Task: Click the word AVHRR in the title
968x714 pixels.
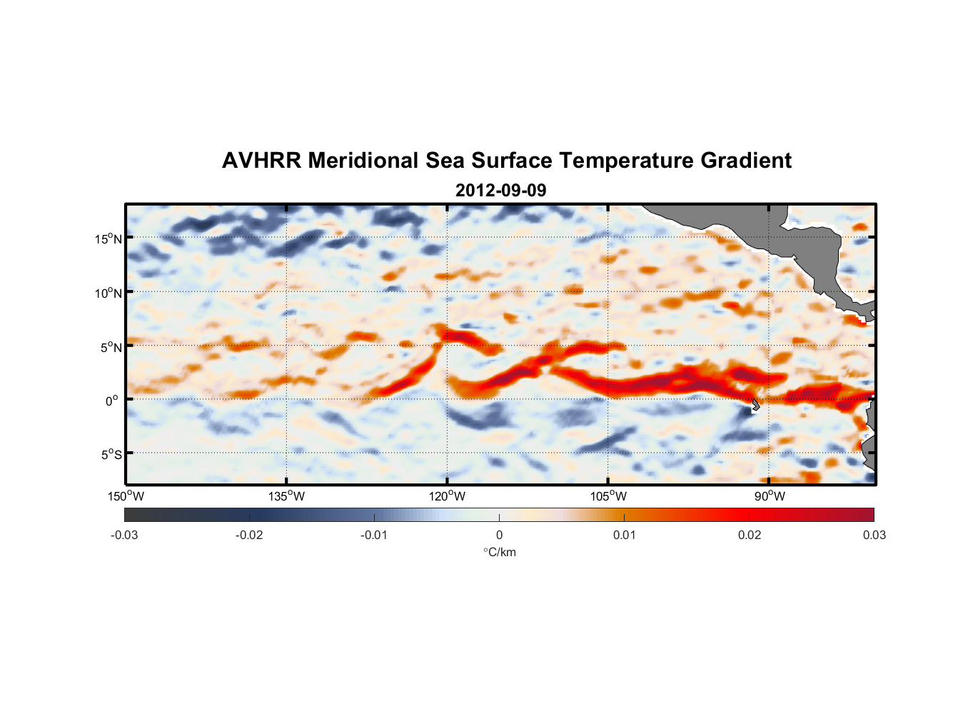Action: click(x=261, y=161)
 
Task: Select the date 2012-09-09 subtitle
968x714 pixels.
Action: click(x=500, y=191)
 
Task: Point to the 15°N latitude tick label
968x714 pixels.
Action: click(x=109, y=238)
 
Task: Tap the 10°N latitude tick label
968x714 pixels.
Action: click(x=109, y=293)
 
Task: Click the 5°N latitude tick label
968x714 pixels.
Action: click(x=111, y=347)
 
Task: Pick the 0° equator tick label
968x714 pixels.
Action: click(x=112, y=401)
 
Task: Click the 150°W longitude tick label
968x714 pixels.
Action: click(x=126, y=496)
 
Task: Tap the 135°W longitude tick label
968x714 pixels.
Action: click(x=286, y=496)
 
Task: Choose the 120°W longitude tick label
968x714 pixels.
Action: click(x=447, y=496)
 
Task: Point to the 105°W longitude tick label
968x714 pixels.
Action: click(x=608, y=496)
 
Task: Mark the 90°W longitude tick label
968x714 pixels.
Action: click(x=769, y=496)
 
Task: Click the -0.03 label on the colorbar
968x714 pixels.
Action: click(x=124, y=535)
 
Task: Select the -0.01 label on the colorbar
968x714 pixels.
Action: click(x=374, y=535)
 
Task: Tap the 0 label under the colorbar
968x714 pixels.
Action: click(x=499, y=535)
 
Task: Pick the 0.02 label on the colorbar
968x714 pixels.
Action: click(x=749, y=535)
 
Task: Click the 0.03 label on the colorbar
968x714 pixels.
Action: click(x=874, y=535)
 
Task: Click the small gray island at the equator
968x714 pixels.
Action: click(x=755, y=405)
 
